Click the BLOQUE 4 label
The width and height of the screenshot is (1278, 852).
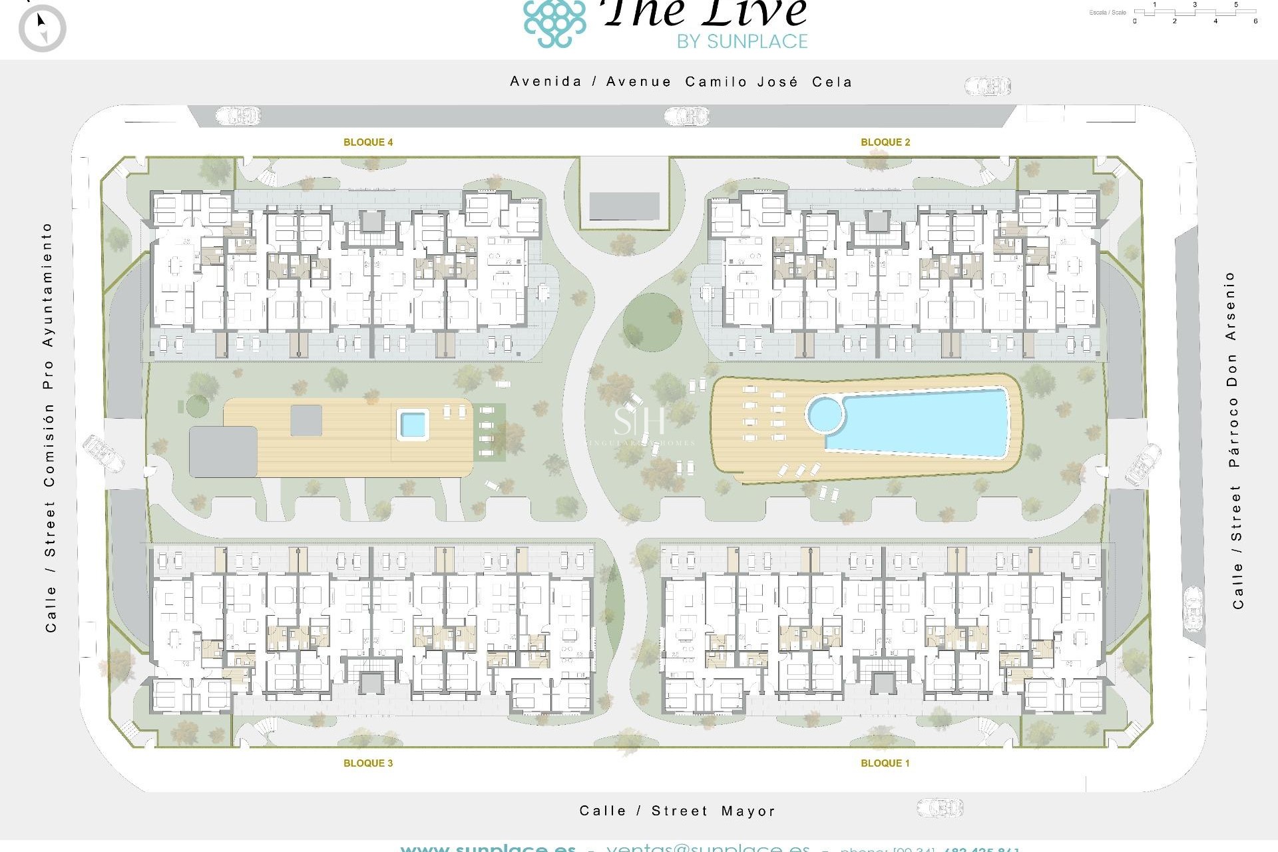click(368, 142)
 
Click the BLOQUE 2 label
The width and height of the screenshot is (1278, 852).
click(885, 142)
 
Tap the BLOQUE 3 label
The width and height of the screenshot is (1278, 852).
click(368, 763)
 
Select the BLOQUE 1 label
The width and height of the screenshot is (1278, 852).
click(885, 763)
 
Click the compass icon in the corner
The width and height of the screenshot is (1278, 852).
click(43, 29)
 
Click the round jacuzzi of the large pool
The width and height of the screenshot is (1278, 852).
click(825, 415)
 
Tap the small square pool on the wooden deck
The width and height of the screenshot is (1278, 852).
click(413, 424)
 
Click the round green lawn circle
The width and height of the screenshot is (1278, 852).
click(652, 323)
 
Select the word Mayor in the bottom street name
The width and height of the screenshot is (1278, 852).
click(748, 811)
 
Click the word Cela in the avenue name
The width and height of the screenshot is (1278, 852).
click(832, 82)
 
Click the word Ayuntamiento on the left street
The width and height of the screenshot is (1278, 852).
click(47, 285)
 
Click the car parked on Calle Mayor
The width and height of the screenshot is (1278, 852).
click(940, 808)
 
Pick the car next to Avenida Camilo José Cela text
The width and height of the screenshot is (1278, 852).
click(988, 86)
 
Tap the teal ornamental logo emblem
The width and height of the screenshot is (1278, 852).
click(554, 24)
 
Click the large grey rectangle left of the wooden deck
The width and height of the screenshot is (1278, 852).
click(223, 452)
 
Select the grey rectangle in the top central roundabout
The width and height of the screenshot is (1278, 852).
click(624, 206)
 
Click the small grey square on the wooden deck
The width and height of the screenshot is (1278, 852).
click(306, 421)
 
